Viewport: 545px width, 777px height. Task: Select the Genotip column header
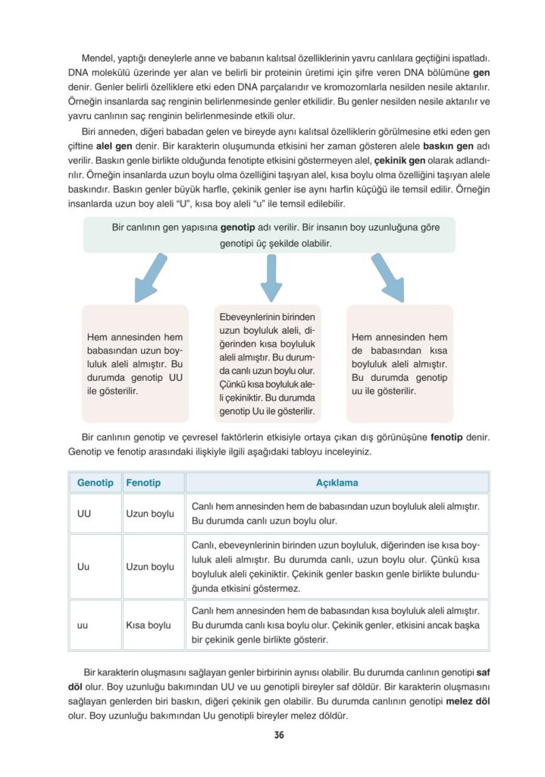(95, 483)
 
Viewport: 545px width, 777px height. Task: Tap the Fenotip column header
(143, 483)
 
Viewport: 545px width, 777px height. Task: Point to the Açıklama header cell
(337, 483)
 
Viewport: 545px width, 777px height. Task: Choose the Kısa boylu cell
(149, 625)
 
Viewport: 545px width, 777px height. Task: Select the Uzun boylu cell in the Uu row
(150, 566)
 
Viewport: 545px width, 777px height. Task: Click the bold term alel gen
(114, 146)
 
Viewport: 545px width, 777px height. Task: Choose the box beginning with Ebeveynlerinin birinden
(271, 363)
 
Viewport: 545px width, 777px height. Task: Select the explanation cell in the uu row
(337, 625)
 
